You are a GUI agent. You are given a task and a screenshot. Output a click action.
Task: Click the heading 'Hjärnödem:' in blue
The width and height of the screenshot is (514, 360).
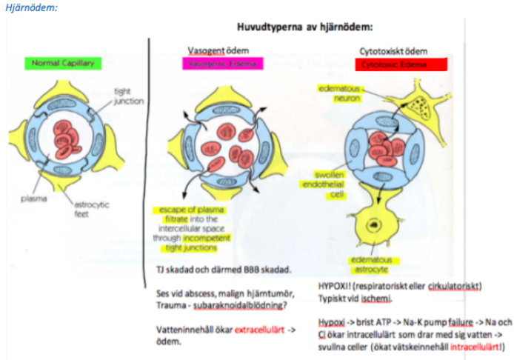(30, 7)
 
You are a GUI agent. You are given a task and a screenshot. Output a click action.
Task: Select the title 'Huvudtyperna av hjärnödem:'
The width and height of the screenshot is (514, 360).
(304, 27)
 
